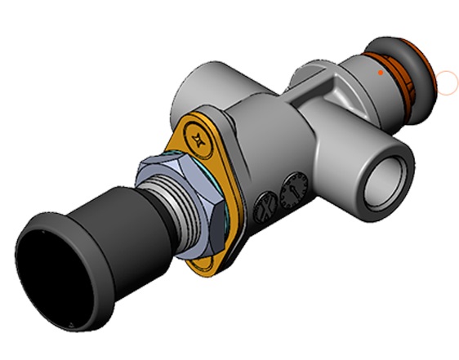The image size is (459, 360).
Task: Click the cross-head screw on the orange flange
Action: point(198,136)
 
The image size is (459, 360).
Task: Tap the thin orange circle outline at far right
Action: point(448,82)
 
